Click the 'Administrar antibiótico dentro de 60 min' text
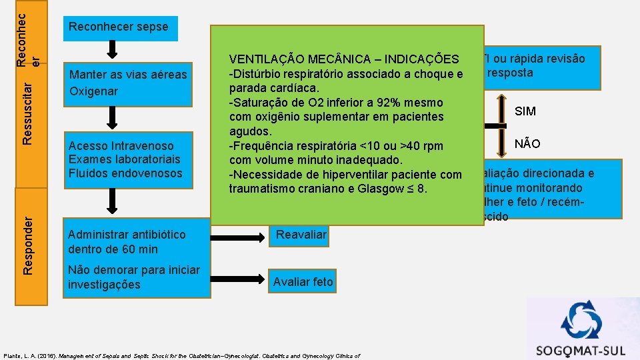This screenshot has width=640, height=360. [x=127, y=242]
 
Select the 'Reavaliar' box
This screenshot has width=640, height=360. [x=301, y=235]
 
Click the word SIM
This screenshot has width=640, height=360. [x=525, y=111]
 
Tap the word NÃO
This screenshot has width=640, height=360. [x=527, y=144]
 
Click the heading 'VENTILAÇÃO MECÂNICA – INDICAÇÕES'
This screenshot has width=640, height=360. [x=343, y=59]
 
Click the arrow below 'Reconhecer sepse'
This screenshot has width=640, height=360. [x=113, y=49]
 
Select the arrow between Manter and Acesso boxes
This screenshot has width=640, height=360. [x=113, y=118]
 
